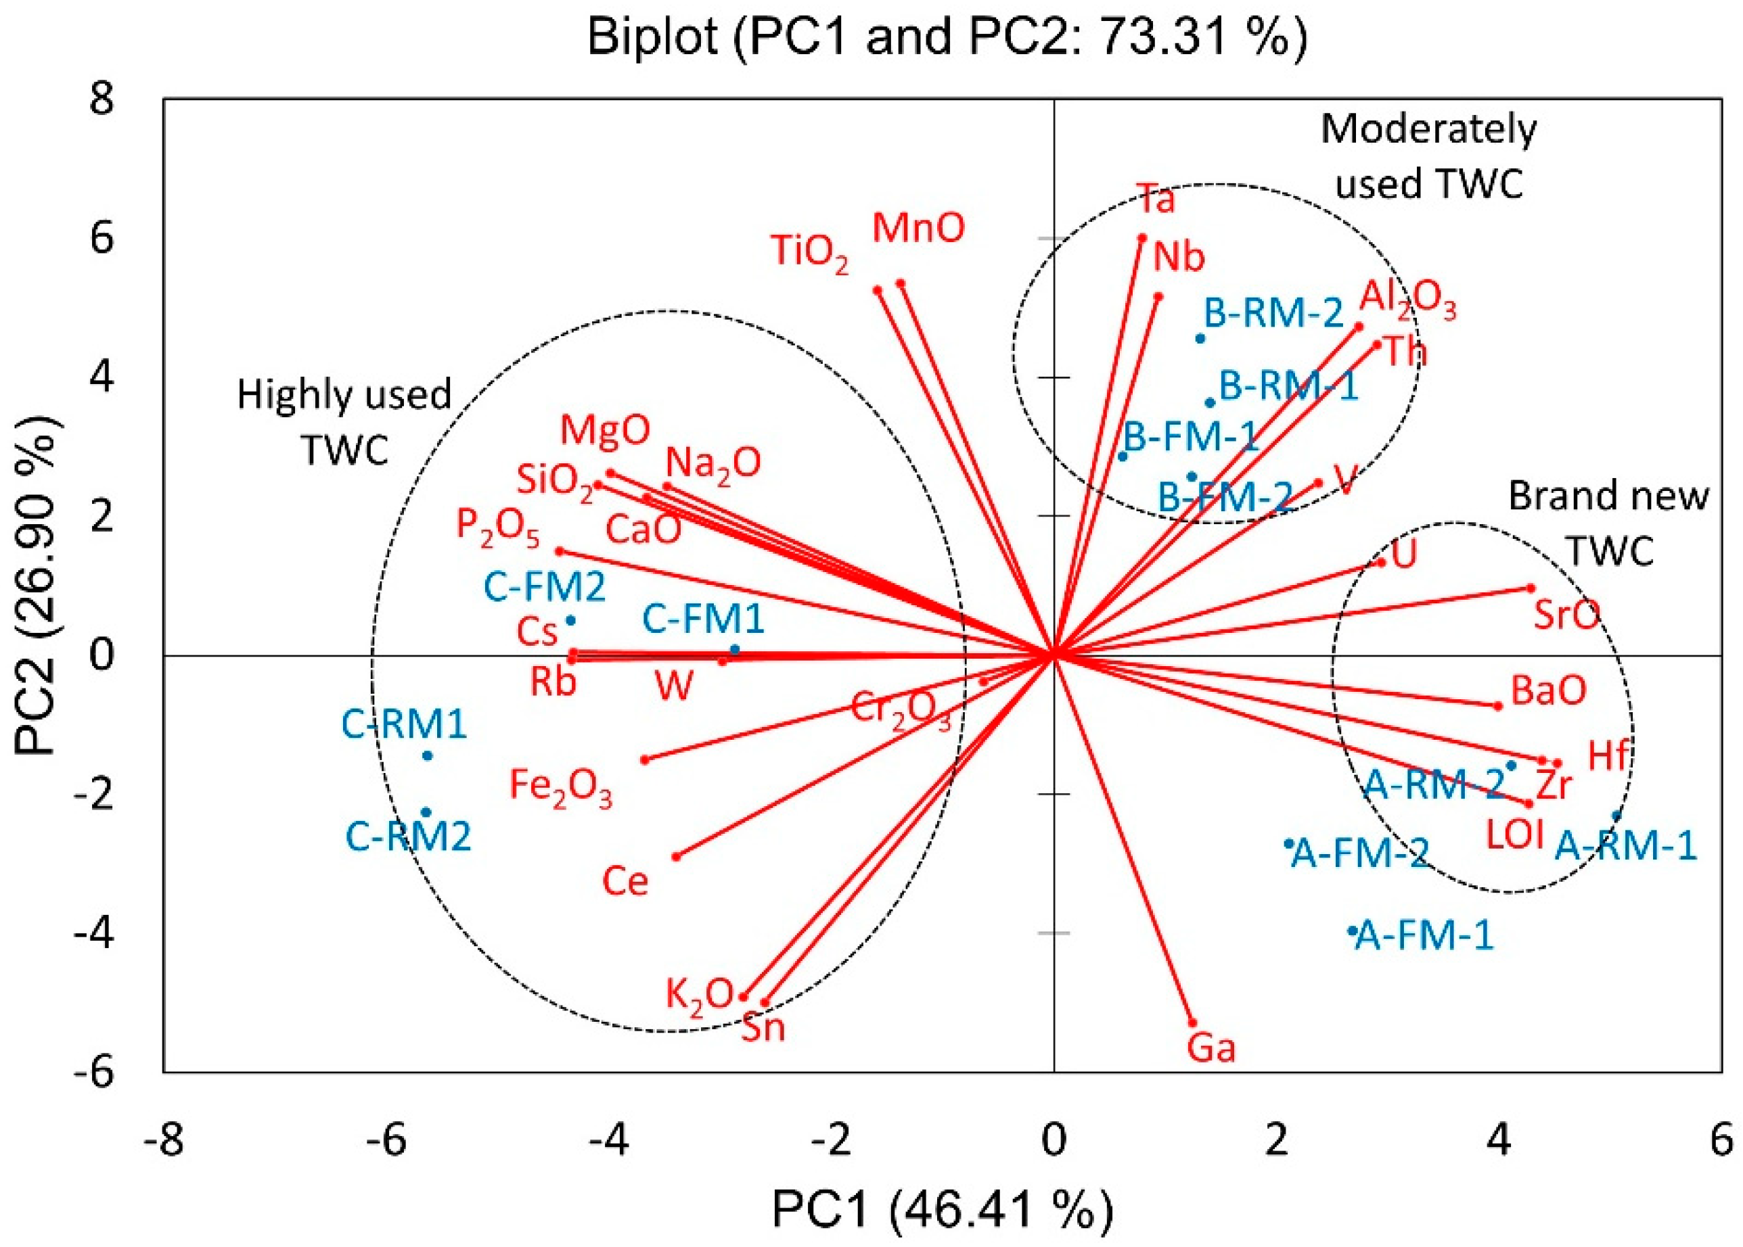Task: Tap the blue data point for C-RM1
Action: (x=428, y=755)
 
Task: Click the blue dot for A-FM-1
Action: (x=1352, y=931)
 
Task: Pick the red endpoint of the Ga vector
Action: (x=1193, y=1022)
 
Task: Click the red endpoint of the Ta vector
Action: (x=1142, y=238)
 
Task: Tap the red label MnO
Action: (x=919, y=229)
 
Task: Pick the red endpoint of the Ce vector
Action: (x=677, y=857)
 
